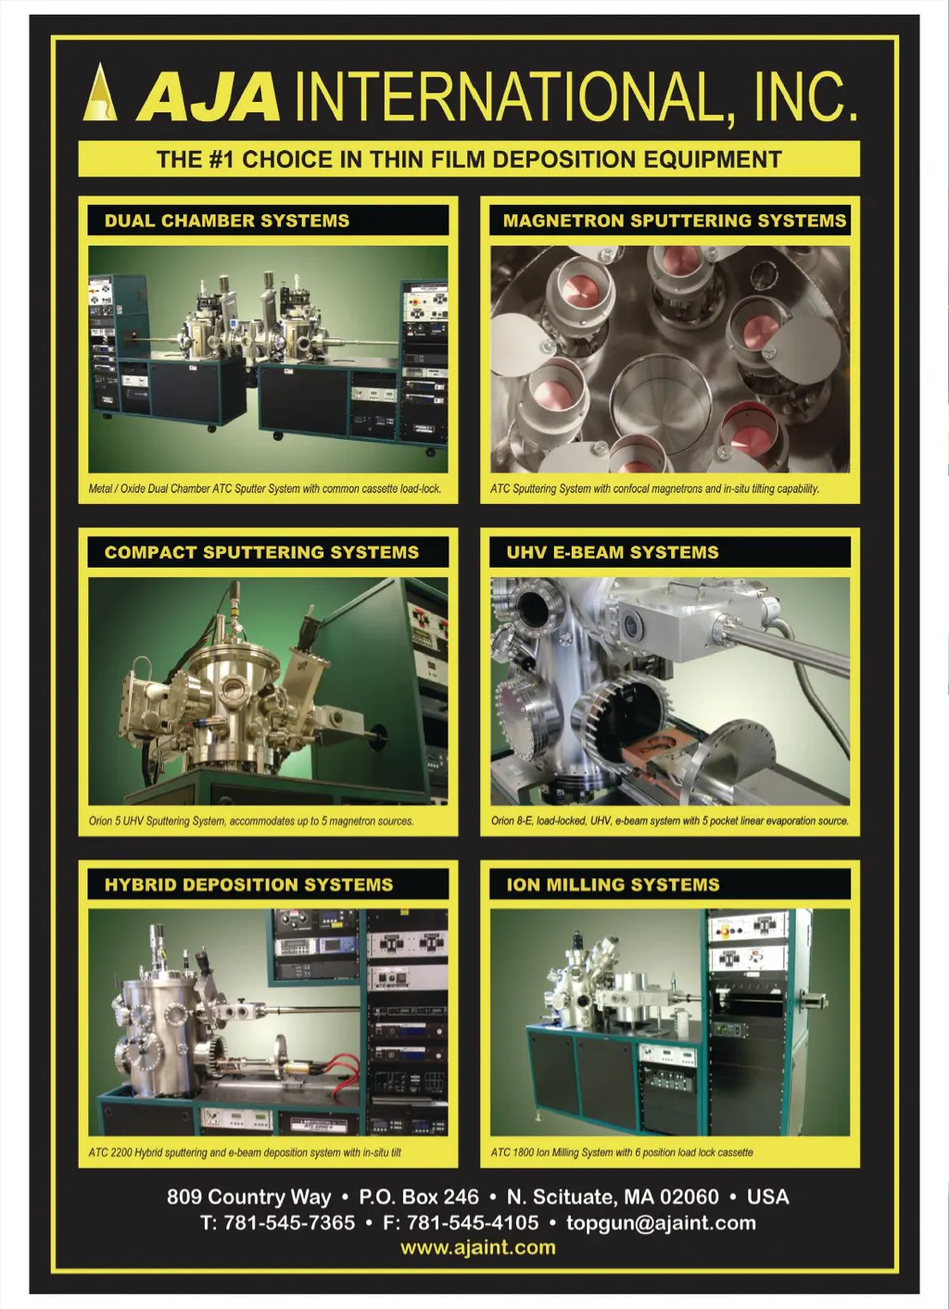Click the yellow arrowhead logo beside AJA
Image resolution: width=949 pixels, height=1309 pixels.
click(100, 93)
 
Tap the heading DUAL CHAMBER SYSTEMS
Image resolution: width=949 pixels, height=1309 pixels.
click(227, 220)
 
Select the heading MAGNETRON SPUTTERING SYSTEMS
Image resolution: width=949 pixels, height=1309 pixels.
click(675, 220)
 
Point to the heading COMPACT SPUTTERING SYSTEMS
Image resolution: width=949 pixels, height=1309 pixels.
click(261, 552)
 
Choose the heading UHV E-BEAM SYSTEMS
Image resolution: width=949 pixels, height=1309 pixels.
click(613, 552)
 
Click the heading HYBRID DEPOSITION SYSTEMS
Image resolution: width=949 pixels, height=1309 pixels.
click(248, 884)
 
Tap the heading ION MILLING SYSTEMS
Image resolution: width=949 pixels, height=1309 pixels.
click(613, 884)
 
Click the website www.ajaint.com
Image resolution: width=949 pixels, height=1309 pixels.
click(477, 1247)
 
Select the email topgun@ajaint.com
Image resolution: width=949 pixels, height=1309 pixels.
click(661, 1223)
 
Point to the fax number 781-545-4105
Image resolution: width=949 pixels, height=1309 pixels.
click(473, 1222)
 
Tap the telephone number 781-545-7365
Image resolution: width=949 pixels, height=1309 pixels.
click(289, 1222)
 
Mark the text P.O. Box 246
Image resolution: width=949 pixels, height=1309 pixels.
click(419, 1196)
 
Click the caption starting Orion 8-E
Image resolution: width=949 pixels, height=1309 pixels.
click(669, 821)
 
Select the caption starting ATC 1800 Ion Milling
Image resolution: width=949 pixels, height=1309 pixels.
click(622, 1152)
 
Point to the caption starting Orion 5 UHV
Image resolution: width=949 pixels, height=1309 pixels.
click(251, 821)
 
